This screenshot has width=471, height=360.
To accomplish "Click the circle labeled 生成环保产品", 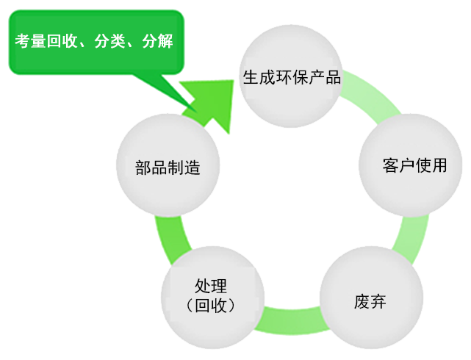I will (292, 76).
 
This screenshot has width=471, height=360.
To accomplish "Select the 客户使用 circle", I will (414, 165).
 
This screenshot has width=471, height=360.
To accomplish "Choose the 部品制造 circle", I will (168, 165).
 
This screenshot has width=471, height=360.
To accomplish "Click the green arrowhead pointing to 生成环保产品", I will (214, 102).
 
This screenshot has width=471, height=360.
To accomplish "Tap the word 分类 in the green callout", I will (115, 41).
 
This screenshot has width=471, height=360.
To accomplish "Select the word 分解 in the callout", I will (157, 41).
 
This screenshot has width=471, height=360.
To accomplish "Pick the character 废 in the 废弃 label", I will (361, 300).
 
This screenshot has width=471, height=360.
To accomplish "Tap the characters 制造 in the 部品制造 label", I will (184, 167).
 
